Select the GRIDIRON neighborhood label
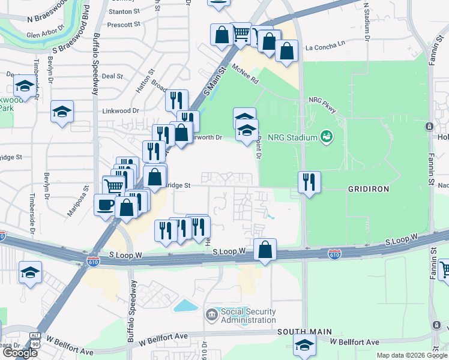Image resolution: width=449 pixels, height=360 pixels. [369, 188]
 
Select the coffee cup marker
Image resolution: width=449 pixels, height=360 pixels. [106, 205]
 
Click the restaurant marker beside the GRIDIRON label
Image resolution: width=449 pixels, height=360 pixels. [309, 182]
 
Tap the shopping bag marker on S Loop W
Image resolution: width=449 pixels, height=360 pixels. [265, 250]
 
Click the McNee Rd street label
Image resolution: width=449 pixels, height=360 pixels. [245, 74]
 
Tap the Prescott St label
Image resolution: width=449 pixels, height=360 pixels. [123, 25]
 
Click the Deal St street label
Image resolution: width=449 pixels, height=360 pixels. [112, 76]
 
